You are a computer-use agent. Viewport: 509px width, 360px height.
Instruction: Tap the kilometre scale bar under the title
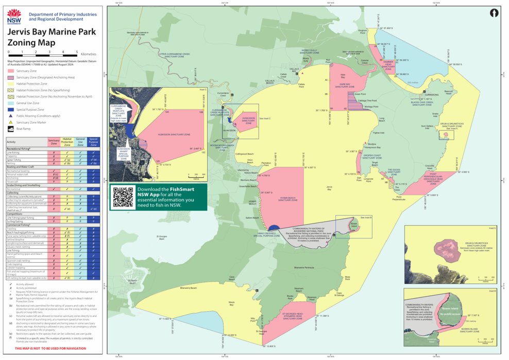click(43, 53)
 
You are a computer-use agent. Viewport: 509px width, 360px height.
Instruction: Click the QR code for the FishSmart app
click(123, 197)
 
